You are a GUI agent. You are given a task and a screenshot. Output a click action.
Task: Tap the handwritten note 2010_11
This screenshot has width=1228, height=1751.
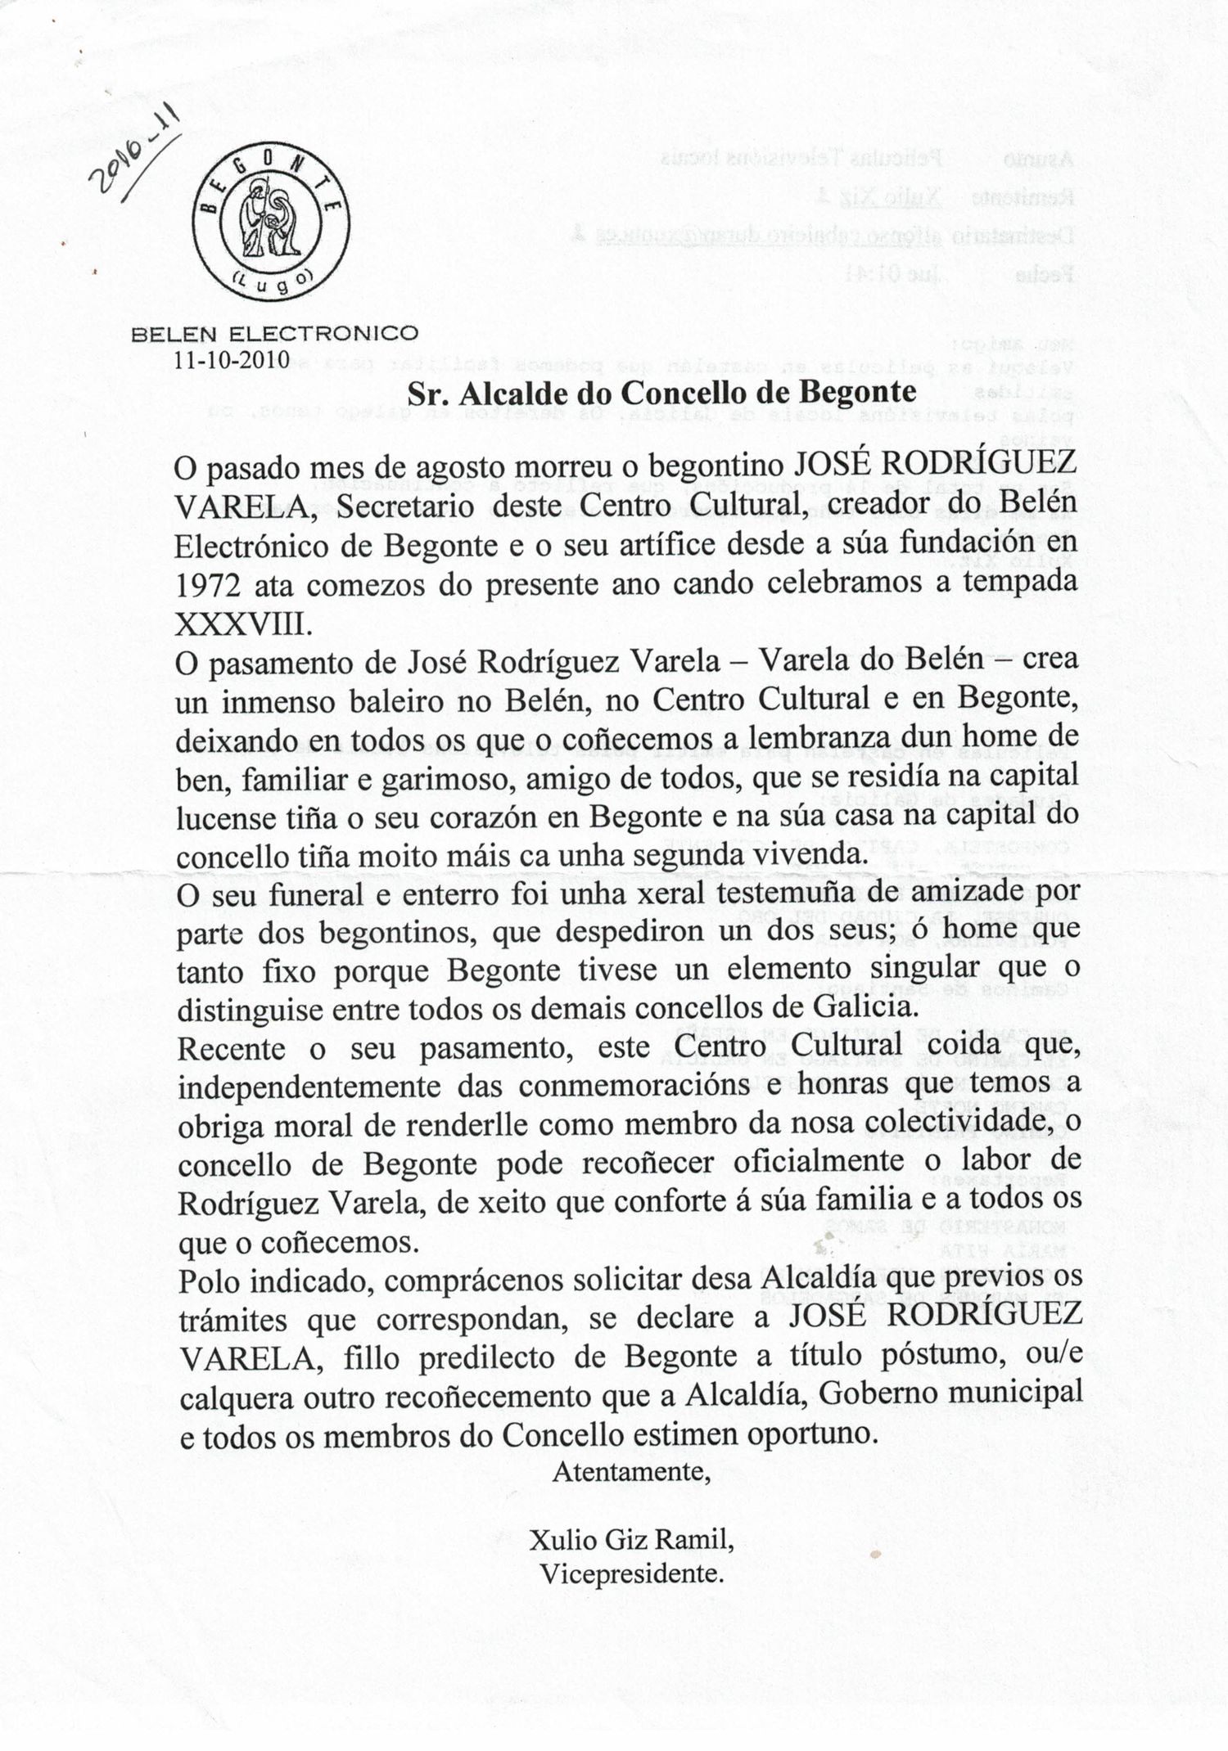[136, 152]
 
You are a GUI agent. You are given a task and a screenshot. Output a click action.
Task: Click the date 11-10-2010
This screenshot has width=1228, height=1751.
[232, 359]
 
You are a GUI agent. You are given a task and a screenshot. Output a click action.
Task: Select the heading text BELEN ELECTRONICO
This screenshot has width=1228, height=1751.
[275, 334]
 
